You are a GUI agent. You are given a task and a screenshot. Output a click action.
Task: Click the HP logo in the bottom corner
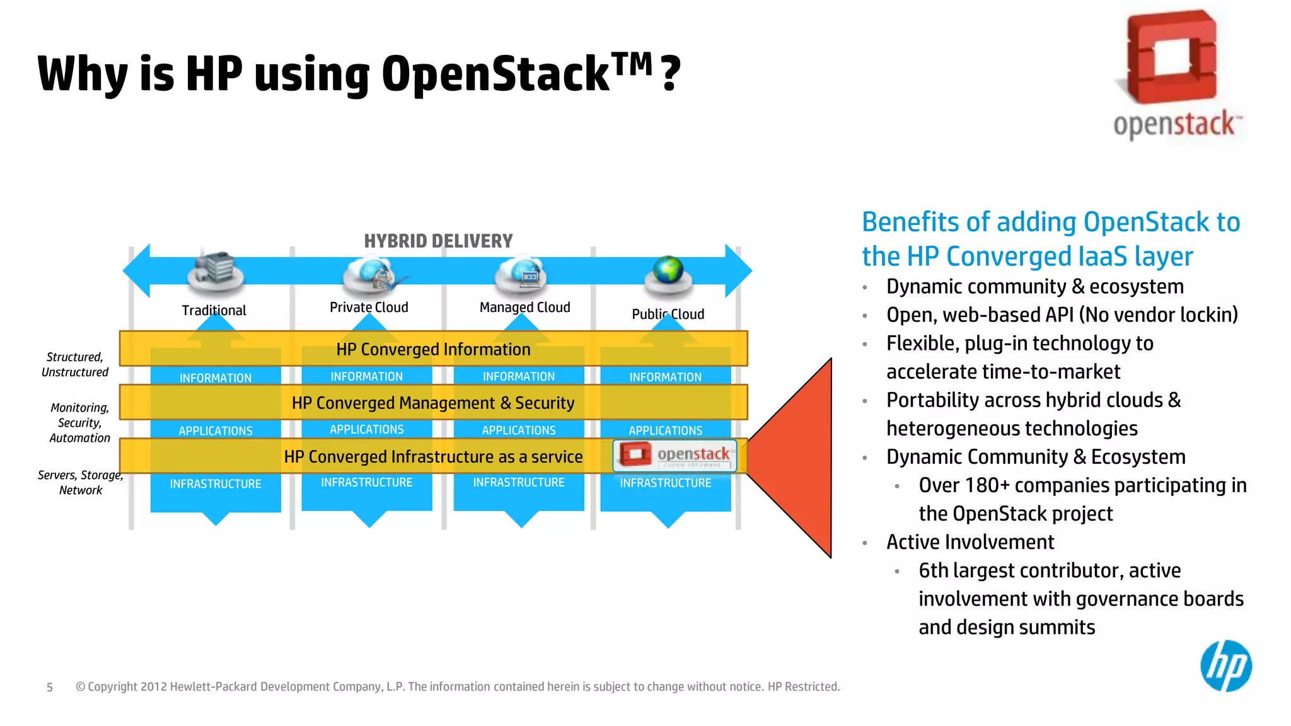pyautogui.click(x=1225, y=665)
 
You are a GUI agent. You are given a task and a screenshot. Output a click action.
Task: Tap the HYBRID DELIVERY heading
pyautogui.click(x=438, y=241)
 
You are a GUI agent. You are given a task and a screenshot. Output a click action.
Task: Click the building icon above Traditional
pyautogui.click(x=215, y=270)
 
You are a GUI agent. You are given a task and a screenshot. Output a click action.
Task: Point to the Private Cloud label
pyautogui.click(x=369, y=308)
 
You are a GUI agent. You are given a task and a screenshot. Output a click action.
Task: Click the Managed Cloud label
pyautogui.click(x=524, y=308)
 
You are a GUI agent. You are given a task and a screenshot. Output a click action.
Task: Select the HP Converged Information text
pyautogui.click(x=433, y=349)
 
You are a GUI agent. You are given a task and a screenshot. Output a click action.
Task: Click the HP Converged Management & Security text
pyautogui.click(x=433, y=403)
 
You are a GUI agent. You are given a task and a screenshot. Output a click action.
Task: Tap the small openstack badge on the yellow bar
pyautogui.click(x=674, y=455)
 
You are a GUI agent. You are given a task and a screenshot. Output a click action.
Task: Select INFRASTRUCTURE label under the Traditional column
pyautogui.click(x=215, y=484)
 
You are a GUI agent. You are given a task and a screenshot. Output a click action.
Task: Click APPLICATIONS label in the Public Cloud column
pyautogui.click(x=665, y=430)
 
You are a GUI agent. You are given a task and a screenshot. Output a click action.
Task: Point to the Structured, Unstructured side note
pyautogui.click(x=74, y=365)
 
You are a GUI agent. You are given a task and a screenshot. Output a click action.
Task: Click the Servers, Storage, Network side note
pyautogui.click(x=79, y=483)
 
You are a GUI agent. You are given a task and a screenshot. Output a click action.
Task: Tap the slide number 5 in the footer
pyautogui.click(x=50, y=688)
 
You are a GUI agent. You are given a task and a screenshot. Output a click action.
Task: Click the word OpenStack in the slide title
pyautogui.click(x=495, y=74)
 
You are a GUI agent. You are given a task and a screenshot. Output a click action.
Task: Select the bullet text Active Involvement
pyautogui.click(x=970, y=542)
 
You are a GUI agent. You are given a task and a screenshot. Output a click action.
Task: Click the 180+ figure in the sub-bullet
pyautogui.click(x=987, y=485)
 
